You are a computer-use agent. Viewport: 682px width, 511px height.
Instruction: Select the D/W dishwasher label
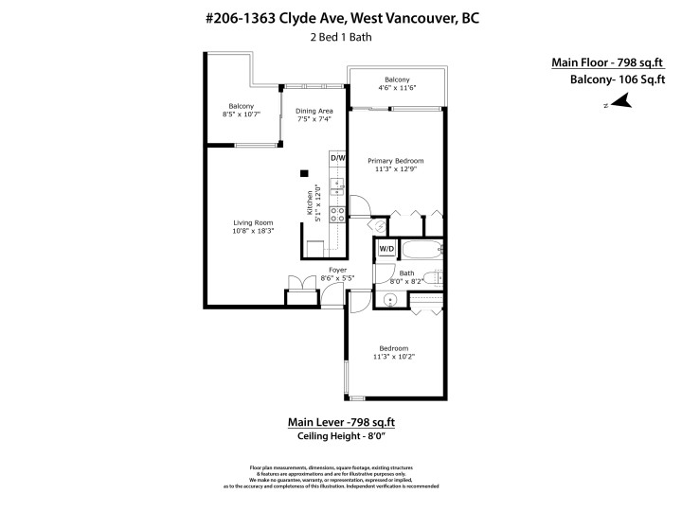tap(338, 157)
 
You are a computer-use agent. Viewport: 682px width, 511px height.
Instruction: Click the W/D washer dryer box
tap(387, 249)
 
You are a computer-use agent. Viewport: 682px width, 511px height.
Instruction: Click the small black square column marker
tap(303, 172)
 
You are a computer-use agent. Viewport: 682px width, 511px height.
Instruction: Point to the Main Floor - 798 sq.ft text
tap(607, 62)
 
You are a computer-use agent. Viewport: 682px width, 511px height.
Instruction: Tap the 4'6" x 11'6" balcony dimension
tap(397, 87)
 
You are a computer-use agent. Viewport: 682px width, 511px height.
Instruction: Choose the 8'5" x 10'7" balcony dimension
tap(240, 115)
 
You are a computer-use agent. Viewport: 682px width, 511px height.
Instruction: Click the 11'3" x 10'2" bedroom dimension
tap(393, 357)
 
